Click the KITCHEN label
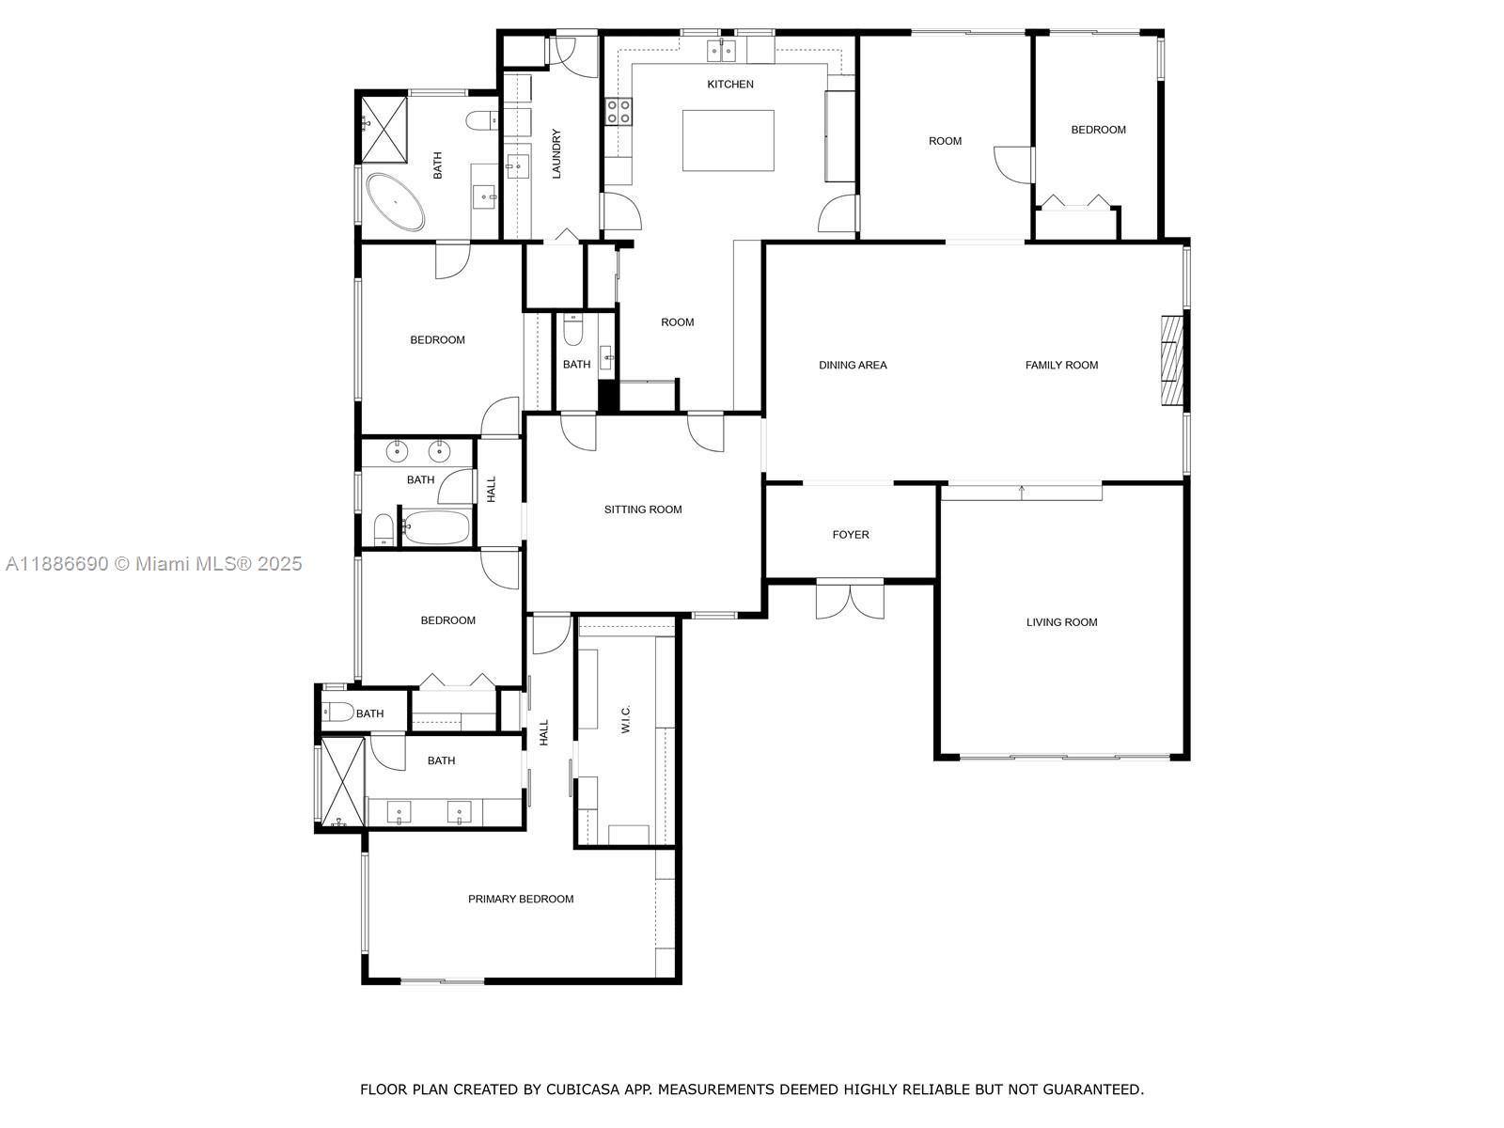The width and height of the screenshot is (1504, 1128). [730, 85]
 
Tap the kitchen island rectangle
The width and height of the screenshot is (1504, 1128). [728, 140]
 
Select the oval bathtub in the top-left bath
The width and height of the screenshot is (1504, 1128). [395, 201]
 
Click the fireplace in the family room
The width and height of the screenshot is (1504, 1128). [1170, 360]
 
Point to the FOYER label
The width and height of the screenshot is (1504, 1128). [851, 535]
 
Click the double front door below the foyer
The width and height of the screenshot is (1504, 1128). [850, 599]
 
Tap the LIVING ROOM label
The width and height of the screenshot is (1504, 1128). [1061, 622]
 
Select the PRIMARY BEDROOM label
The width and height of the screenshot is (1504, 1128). [521, 900]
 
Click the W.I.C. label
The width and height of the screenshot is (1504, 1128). [626, 719]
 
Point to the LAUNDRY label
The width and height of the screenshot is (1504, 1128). [556, 154]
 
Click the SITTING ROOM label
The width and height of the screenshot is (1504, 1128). [643, 509]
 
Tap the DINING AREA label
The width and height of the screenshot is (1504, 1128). [853, 366]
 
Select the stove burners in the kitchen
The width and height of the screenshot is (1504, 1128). [618, 112]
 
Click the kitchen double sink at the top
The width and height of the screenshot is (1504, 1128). [721, 50]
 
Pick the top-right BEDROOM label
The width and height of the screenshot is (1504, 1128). [1098, 130]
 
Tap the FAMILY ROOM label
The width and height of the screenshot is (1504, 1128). [1061, 366]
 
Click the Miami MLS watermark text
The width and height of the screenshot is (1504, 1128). [153, 564]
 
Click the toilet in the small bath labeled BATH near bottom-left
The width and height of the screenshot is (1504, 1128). [337, 712]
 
